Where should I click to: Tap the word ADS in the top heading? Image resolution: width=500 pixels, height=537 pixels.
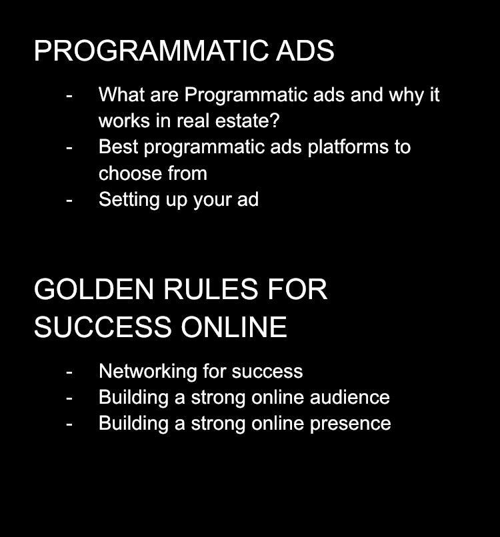[305, 51]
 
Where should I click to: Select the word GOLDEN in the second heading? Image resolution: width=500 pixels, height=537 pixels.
[93, 289]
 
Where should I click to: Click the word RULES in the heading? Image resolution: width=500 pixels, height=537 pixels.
[211, 289]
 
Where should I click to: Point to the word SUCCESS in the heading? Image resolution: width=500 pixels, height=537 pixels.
[103, 327]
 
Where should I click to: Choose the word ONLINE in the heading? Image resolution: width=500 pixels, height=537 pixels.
[234, 327]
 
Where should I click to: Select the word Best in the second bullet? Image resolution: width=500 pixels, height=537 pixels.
[118, 147]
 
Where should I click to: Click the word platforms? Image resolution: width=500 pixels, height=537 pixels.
[348, 147]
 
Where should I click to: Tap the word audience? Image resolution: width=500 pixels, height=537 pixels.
[349, 397]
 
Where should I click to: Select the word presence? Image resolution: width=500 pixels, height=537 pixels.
[350, 424]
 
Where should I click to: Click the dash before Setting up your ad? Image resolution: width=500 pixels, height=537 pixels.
[69, 201]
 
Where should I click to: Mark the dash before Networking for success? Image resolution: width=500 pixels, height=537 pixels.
[69, 372]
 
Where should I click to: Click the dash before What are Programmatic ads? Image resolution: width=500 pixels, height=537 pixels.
[69, 95]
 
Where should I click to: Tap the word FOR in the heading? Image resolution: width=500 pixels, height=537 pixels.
[297, 289]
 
